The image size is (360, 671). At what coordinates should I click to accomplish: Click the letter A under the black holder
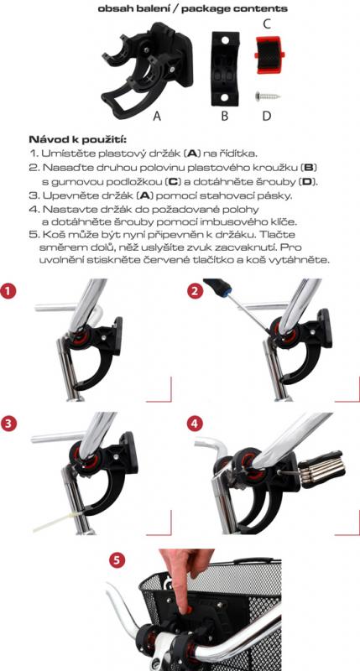pyautogui.click(x=157, y=116)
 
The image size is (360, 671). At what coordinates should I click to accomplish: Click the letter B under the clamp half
pyautogui.click(x=224, y=116)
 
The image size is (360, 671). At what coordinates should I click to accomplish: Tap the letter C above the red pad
pyautogui.click(x=266, y=24)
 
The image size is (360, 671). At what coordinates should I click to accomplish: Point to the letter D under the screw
pyautogui.click(x=267, y=116)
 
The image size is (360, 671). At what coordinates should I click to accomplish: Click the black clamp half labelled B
pyautogui.click(x=224, y=68)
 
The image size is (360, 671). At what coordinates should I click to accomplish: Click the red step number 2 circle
pyautogui.click(x=196, y=291)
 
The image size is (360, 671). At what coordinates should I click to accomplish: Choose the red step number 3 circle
pyautogui.click(x=9, y=424)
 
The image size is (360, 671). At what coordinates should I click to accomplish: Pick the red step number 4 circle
pyautogui.click(x=196, y=424)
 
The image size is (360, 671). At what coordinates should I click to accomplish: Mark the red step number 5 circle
pyautogui.click(x=117, y=559)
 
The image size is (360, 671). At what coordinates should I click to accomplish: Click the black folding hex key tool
pyautogui.click(x=322, y=469)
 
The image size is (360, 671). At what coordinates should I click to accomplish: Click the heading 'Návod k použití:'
pyautogui.click(x=77, y=139)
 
